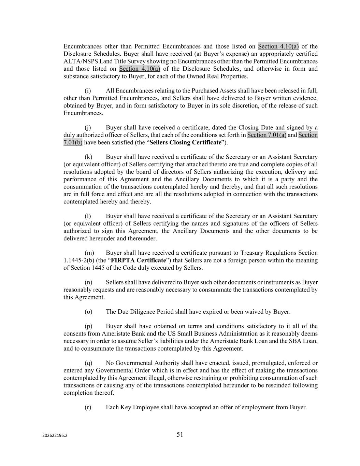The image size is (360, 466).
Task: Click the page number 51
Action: pyautogui.click(x=180, y=434)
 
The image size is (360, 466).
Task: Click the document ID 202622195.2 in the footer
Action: pyautogui.click(x=55, y=436)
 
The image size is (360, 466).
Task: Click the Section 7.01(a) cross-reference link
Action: pyautogui.click(x=267, y=135)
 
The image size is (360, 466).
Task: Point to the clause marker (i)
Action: pyautogui.click(x=88, y=90)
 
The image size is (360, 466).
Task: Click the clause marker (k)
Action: pyautogui.click(x=88, y=157)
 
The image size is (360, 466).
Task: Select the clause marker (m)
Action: pyautogui.click(x=89, y=253)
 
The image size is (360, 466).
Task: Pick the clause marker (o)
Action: pyautogui.click(x=88, y=312)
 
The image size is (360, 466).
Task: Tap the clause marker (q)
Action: pyautogui.click(x=88, y=363)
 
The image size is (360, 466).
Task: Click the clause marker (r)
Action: pyautogui.click(x=88, y=407)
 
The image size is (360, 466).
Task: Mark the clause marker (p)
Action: pyautogui.click(x=88, y=326)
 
